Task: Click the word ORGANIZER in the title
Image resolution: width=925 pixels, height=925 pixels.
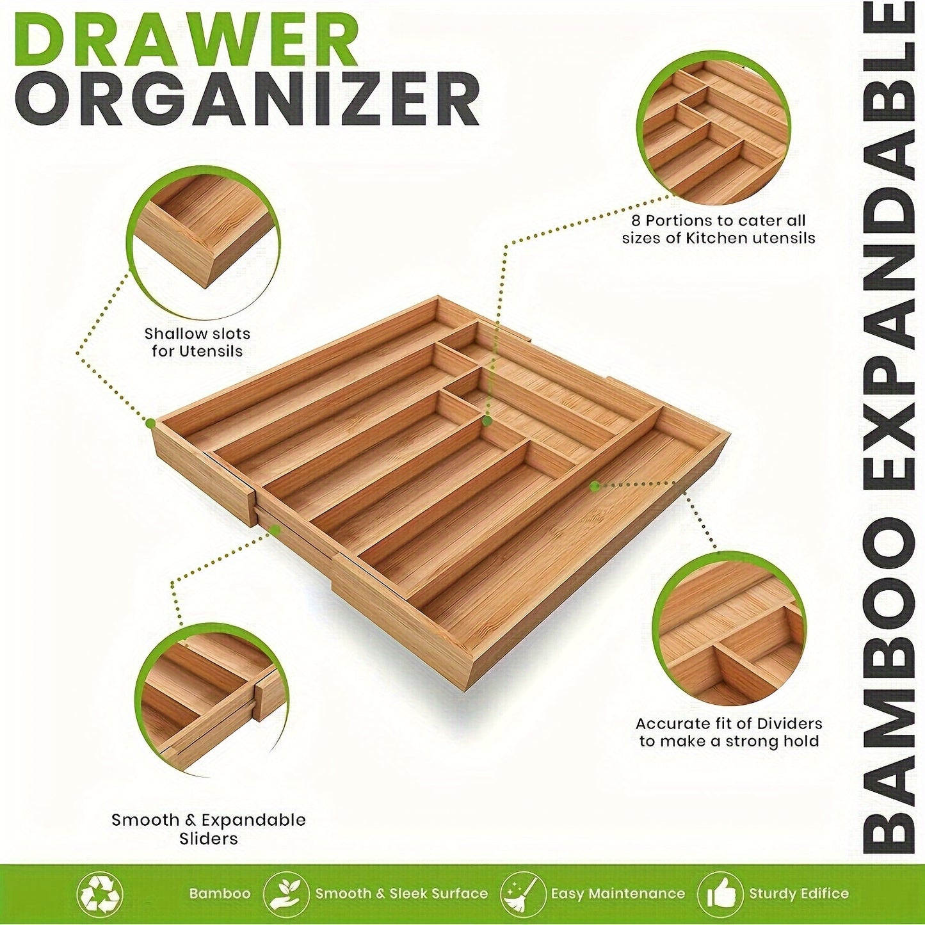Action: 246,99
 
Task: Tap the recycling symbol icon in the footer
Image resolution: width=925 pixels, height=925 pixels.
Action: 99,893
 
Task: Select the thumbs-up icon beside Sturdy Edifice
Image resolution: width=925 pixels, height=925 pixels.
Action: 721,893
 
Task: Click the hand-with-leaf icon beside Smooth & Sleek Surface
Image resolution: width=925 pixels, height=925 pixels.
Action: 286,893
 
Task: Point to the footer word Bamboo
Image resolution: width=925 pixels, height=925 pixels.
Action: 220,894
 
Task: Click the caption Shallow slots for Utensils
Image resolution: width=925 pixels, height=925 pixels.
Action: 197,342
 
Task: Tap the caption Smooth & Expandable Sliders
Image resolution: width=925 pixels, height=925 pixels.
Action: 209,829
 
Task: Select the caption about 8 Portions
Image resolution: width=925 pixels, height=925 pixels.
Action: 718,229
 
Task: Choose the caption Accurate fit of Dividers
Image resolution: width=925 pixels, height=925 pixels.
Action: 728,732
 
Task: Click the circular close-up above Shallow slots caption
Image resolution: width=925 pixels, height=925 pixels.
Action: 203,242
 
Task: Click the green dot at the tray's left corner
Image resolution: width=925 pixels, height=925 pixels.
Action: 151,423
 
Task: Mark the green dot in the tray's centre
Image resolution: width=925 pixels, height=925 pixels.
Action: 487,421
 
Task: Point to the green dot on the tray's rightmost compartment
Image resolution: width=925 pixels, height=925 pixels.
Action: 595,487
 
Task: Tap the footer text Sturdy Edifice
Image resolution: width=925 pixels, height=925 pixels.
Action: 799,894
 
